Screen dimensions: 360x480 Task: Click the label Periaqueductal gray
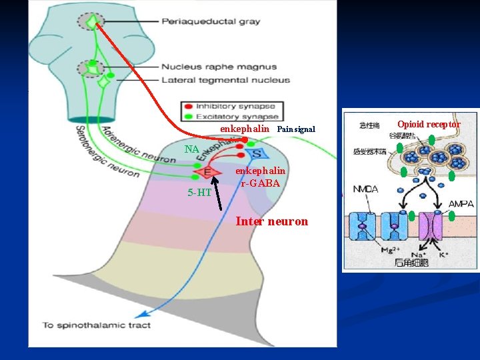click(x=211, y=22)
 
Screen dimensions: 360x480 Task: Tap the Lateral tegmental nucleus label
click(x=225, y=80)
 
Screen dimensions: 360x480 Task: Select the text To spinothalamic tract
click(x=97, y=326)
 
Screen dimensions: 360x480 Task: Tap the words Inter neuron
click(x=272, y=221)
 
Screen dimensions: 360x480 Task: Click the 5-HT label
click(x=200, y=193)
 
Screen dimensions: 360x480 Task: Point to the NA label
click(x=192, y=149)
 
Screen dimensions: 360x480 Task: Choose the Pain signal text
click(x=296, y=129)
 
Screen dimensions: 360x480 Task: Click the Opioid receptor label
click(x=429, y=124)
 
